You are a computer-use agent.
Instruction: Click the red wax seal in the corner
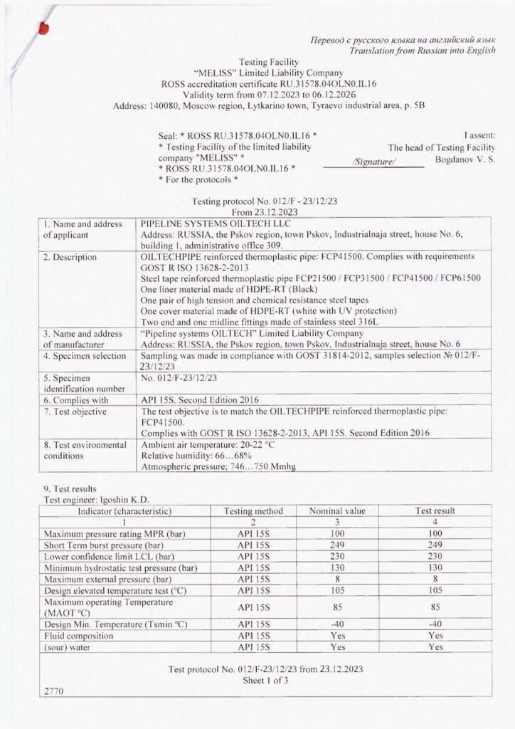pos(44,28)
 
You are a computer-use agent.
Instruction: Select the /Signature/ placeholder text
pos(374,162)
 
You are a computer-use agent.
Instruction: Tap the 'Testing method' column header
pos(253,511)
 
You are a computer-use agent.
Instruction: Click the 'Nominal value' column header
pos(337,511)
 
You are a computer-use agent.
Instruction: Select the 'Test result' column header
pos(435,511)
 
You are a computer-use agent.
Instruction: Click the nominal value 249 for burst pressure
pos(337,545)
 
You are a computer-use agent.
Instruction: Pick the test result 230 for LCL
pos(435,556)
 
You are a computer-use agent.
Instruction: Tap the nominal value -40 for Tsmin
pos(337,624)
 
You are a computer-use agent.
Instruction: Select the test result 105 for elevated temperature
pos(435,590)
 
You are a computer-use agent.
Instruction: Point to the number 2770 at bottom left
pos(53,691)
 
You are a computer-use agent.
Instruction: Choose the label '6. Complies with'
pos(76,400)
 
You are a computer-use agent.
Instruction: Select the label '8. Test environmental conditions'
pos(85,450)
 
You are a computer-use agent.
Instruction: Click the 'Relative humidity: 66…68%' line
pos(197,456)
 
